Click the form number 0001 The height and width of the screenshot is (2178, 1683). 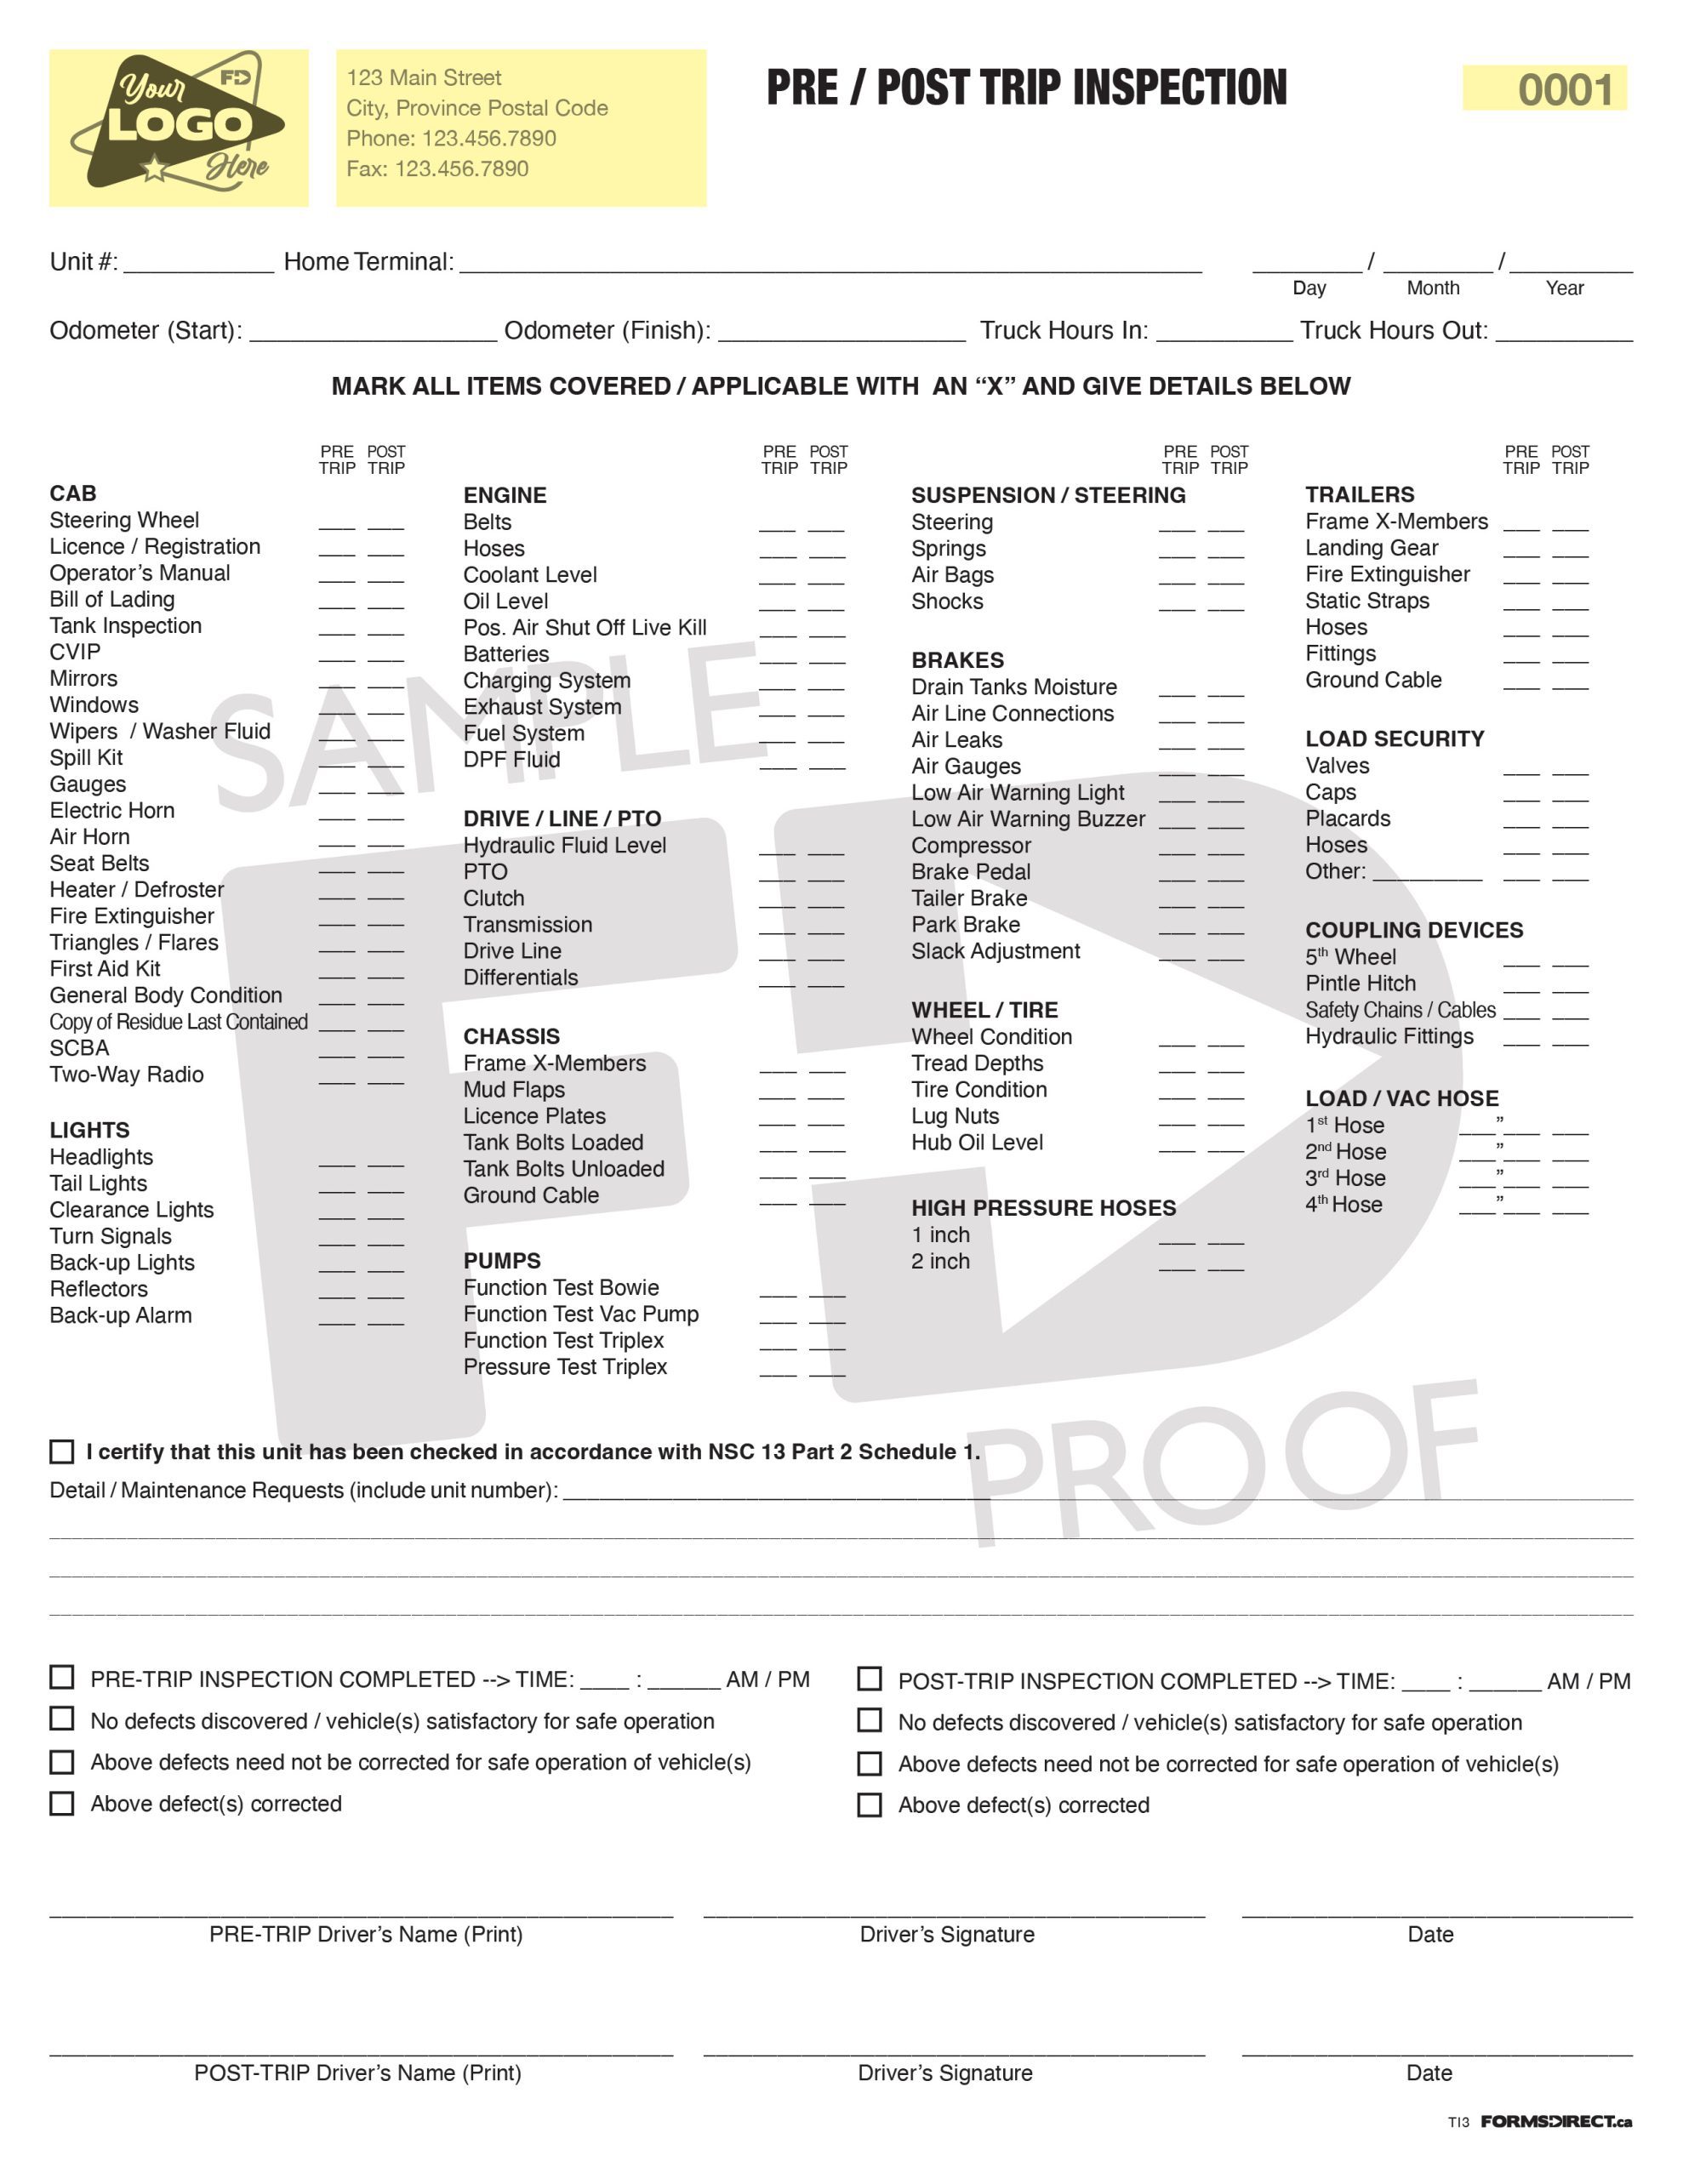[x=1563, y=89]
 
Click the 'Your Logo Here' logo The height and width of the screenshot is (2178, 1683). [x=179, y=126]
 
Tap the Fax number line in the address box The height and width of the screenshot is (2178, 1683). [x=437, y=168]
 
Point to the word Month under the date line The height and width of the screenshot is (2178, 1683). [x=1432, y=288]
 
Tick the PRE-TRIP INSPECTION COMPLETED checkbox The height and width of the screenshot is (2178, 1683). [x=62, y=1678]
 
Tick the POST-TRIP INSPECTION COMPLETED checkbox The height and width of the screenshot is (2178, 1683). [x=869, y=1679]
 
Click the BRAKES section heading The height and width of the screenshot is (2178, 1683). [x=956, y=660]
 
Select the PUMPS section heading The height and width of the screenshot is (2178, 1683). [x=502, y=1261]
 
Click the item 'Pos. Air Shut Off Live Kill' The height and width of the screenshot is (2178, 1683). [x=585, y=627]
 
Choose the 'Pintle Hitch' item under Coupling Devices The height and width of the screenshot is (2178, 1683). [x=1360, y=984]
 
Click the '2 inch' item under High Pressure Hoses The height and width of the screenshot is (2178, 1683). [x=939, y=1262]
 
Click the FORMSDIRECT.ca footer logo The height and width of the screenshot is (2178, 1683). [x=1555, y=2121]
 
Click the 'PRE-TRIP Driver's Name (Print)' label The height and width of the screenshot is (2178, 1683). [x=365, y=1934]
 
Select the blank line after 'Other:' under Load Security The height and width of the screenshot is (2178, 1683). [x=1427, y=874]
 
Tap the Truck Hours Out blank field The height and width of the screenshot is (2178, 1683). [x=1563, y=334]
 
